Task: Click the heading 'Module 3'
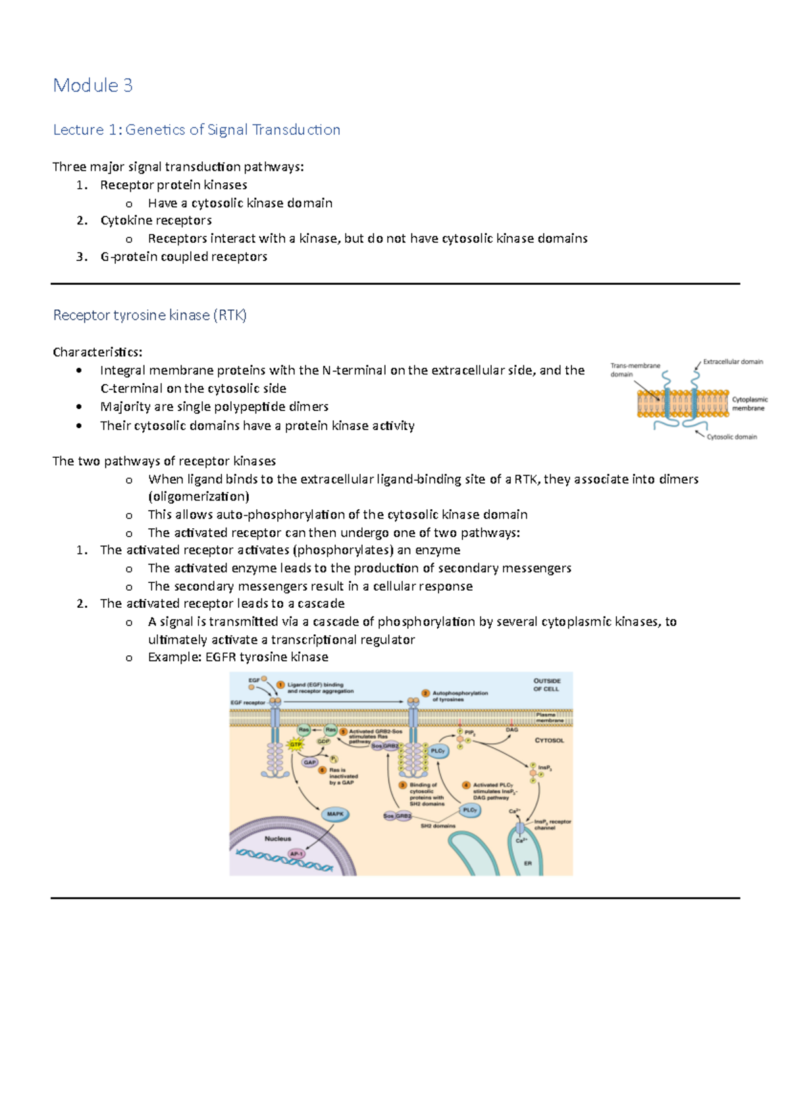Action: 93,86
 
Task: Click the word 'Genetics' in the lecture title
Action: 155,130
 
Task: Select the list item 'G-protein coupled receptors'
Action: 184,257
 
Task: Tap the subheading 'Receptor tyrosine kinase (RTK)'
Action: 149,315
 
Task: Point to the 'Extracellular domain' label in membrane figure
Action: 733,362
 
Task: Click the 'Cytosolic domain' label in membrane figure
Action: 731,437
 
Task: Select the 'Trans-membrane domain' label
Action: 634,370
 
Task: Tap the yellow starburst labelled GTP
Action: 296,745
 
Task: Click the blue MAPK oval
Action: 335,814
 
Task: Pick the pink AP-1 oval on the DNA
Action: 296,854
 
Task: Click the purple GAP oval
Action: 309,762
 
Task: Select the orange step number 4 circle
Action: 466,785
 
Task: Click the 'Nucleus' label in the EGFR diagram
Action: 277,839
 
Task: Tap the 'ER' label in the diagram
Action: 527,863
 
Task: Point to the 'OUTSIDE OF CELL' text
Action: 546,685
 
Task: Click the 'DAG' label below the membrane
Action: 512,730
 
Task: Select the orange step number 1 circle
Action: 280,685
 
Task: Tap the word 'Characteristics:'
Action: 97,352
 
